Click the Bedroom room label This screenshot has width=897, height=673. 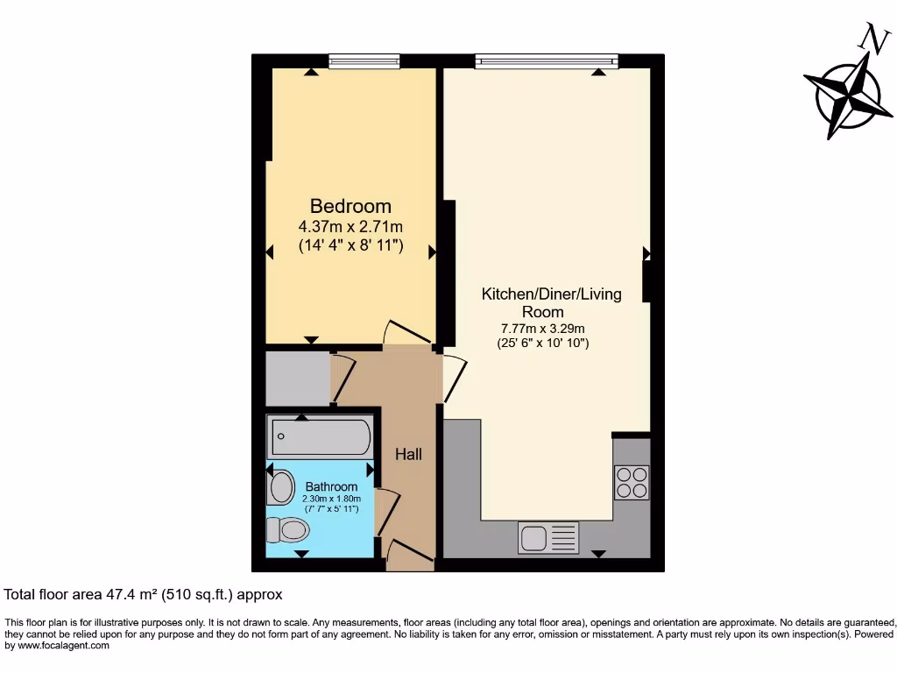click(x=350, y=206)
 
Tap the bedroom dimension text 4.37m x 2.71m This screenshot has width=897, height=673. click(x=350, y=227)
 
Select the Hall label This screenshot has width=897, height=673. click(x=408, y=455)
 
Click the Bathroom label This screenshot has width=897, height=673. click(x=331, y=486)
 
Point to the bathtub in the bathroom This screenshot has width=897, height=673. click(x=321, y=436)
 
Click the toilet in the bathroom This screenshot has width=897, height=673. click(x=287, y=530)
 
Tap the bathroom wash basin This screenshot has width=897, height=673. click(x=280, y=487)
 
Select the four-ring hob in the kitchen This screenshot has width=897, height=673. click(x=632, y=483)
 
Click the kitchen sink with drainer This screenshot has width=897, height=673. click(x=548, y=537)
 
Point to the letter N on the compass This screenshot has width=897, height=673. click(x=875, y=39)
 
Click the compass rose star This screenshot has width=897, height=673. click(x=848, y=94)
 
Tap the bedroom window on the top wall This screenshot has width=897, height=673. click(x=364, y=61)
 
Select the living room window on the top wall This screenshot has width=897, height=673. click(x=547, y=61)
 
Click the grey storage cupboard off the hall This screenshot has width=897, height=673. click(x=298, y=379)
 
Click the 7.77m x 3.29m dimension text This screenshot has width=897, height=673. click(x=543, y=329)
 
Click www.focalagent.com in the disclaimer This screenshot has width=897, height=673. click(x=63, y=646)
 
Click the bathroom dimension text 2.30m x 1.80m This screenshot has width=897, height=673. click(x=332, y=499)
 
